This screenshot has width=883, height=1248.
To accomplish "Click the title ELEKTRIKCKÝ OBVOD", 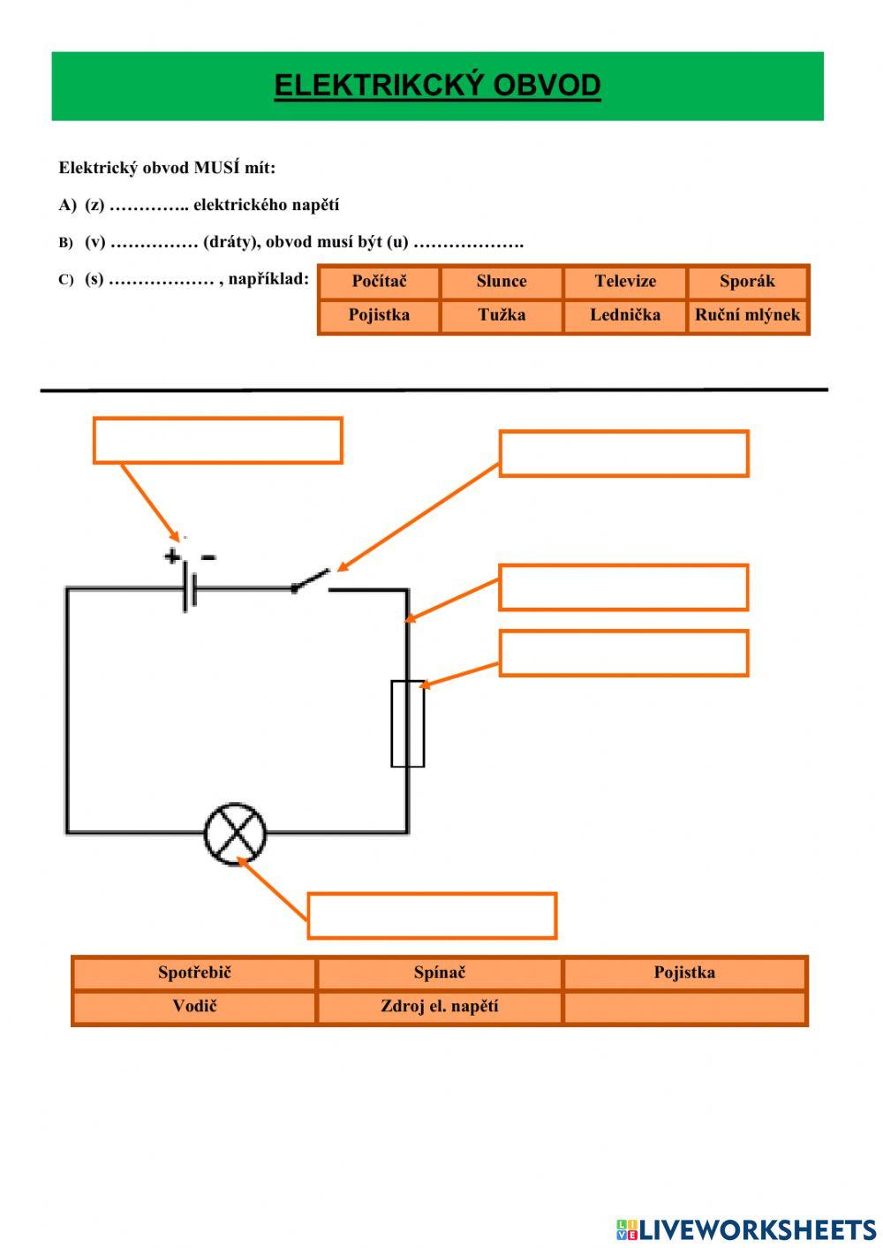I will point(437,86).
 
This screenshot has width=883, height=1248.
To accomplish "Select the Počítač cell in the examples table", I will point(379,282).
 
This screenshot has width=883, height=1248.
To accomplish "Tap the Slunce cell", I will point(502,282).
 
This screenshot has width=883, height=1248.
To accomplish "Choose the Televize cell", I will point(625,282).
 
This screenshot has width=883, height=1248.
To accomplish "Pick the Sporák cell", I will point(747,282).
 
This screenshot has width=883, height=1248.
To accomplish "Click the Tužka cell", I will point(502,315).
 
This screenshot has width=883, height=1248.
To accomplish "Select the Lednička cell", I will point(625,315).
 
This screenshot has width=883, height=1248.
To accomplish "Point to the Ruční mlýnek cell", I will point(747,315).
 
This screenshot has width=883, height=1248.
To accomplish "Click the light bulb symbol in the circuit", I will point(235,834).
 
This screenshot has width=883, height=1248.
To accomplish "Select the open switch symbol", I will point(311,582).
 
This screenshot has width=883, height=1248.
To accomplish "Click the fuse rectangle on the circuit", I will point(407,723).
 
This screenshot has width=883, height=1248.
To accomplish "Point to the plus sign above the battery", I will point(171,556).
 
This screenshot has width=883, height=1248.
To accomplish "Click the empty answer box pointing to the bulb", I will point(432,916).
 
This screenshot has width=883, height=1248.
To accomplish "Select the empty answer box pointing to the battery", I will point(217,441).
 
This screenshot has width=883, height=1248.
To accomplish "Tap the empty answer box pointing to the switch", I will point(623,454).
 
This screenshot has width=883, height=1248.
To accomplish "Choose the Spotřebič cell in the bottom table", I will point(194,973).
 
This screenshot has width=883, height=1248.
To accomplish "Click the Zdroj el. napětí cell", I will point(439,1007).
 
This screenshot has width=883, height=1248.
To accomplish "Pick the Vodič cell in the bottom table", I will point(194,1007).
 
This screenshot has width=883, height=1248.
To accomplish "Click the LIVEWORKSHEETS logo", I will point(746,1229).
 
